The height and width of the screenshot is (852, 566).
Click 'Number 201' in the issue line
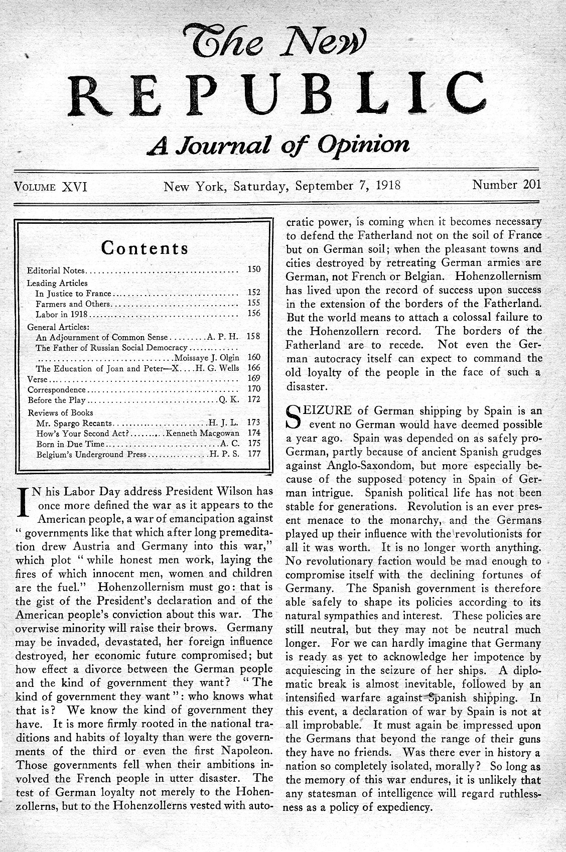(x=506, y=185)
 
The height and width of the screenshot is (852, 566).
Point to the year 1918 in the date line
(x=388, y=185)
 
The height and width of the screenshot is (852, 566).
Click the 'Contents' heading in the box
(x=145, y=248)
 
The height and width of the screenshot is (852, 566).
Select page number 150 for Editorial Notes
(x=254, y=269)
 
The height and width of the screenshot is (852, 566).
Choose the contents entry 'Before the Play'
(x=57, y=400)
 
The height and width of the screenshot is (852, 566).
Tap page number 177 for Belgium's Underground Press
(x=254, y=454)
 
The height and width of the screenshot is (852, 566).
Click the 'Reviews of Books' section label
(x=60, y=412)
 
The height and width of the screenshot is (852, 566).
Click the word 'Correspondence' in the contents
(x=57, y=389)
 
